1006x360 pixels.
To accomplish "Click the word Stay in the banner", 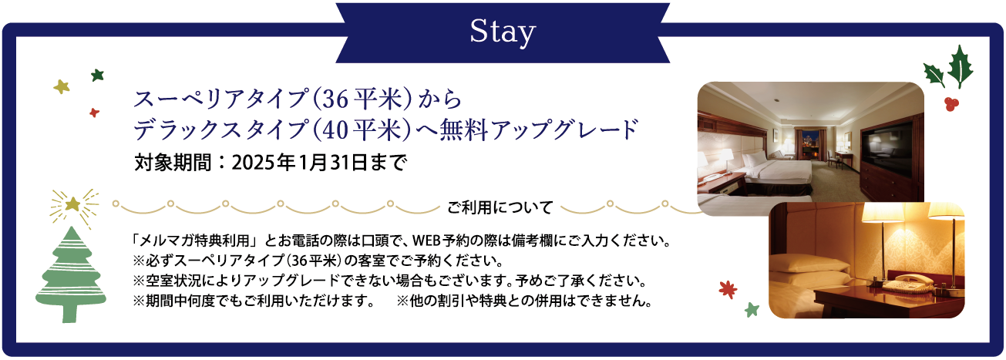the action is pos(503,32).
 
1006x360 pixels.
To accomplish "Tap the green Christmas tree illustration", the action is pos(71,274).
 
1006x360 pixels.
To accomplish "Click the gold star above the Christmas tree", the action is pos(72,205).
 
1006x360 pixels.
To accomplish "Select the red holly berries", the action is pos(951,104).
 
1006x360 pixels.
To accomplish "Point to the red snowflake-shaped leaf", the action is pos(728,290).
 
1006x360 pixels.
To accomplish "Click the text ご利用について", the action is pos(500,207).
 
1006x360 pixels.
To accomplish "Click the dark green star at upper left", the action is pos(97,75).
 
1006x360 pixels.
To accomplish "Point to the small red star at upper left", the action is pos(94,113).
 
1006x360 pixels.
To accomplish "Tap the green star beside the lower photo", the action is pos(752,310).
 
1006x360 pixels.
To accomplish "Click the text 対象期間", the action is pos(173,163).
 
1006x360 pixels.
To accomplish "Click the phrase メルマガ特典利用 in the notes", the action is pos(195,241).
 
